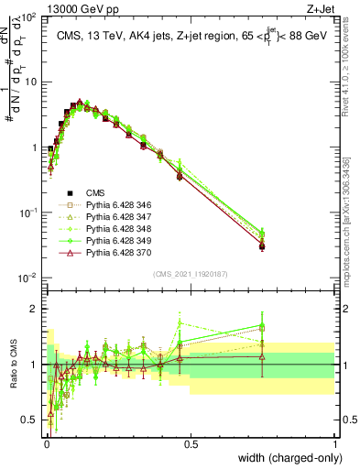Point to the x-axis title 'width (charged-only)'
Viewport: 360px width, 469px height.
pyautogui.click(x=285, y=457)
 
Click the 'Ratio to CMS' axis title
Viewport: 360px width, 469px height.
pyautogui.click(x=12, y=365)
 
